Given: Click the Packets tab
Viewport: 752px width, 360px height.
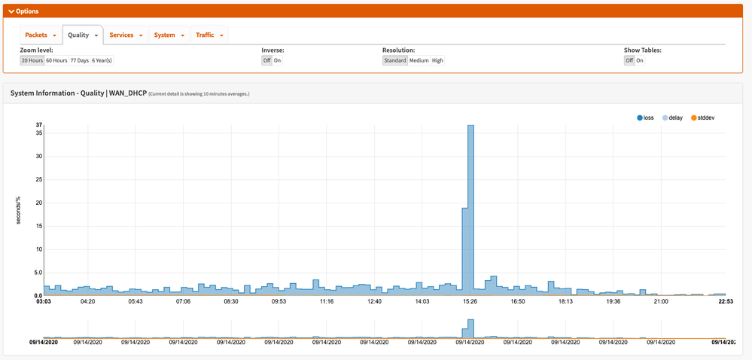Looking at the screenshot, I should pyautogui.click(x=40, y=35).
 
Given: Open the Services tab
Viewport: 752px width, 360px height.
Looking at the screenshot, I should pyautogui.click(x=125, y=35).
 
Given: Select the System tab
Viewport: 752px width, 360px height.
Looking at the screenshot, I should pyautogui.click(x=167, y=35).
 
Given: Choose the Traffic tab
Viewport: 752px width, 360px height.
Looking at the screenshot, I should pyautogui.click(x=209, y=35).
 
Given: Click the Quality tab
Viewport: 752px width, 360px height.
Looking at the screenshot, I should pyautogui.click(x=81, y=35).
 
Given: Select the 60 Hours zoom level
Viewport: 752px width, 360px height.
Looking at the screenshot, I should pyautogui.click(x=56, y=60).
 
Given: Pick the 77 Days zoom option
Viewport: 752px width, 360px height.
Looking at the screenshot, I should pyautogui.click(x=79, y=60).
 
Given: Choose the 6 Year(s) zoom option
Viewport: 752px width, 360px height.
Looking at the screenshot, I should pyautogui.click(x=102, y=60).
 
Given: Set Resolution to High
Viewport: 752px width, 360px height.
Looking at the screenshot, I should pyautogui.click(x=437, y=60).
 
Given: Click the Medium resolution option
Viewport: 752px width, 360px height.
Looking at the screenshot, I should pyautogui.click(x=419, y=60).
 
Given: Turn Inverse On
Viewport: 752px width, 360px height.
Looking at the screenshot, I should pyautogui.click(x=277, y=60).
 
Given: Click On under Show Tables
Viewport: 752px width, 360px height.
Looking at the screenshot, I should pyautogui.click(x=640, y=60).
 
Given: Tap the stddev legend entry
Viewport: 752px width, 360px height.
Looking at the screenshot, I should pyautogui.click(x=703, y=117).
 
